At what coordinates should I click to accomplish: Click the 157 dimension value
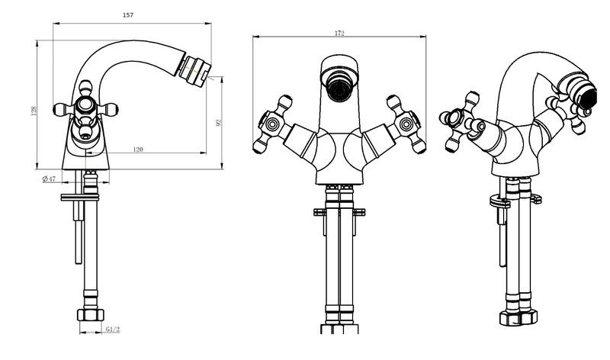[128, 15]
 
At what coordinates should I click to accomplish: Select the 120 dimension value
[138, 149]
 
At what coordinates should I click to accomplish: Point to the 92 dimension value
[218, 123]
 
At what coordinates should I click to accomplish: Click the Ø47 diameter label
[49, 179]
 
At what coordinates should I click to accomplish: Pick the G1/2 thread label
[113, 329]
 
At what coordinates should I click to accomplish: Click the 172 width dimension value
[339, 34]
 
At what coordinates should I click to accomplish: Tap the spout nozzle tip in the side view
[194, 71]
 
